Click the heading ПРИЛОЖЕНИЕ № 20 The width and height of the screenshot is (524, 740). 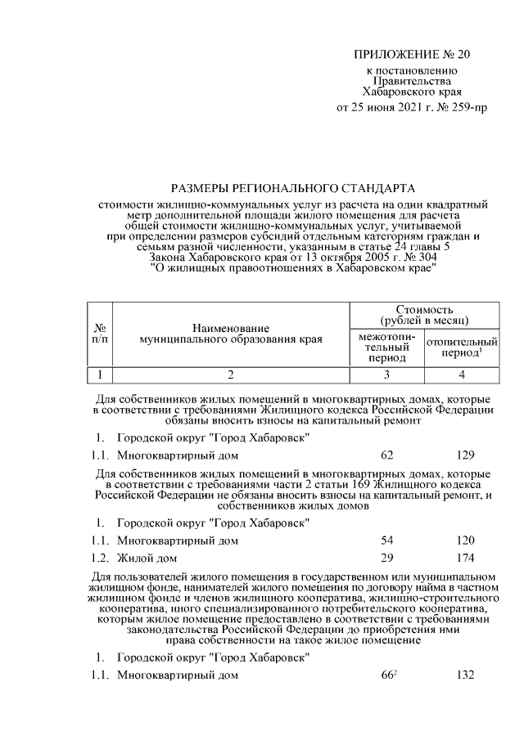pyautogui.click(x=413, y=56)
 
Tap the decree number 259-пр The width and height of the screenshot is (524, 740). pyautogui.click(x=466, y=107)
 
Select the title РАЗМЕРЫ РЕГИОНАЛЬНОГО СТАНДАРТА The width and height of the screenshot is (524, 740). pyautogui.click(x=293, y=188)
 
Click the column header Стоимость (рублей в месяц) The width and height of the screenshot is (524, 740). pyautogui.click(x=424, y=315)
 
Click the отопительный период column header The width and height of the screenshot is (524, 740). pyautogui.click(x=462, y=348)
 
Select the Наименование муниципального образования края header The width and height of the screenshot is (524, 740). pyautogui.click(x=230, y=333)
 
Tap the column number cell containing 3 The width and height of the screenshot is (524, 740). pyautogui.click(x=387, y=374)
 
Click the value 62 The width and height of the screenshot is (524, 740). pyautogui.click(x=387, y=455)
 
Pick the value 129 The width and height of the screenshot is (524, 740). pyautogui.click(x=463, y=455)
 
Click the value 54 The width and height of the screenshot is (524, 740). pyautogui.click(x=387, y=540)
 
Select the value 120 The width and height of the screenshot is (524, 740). pyautogui.click(x=463, y=540)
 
